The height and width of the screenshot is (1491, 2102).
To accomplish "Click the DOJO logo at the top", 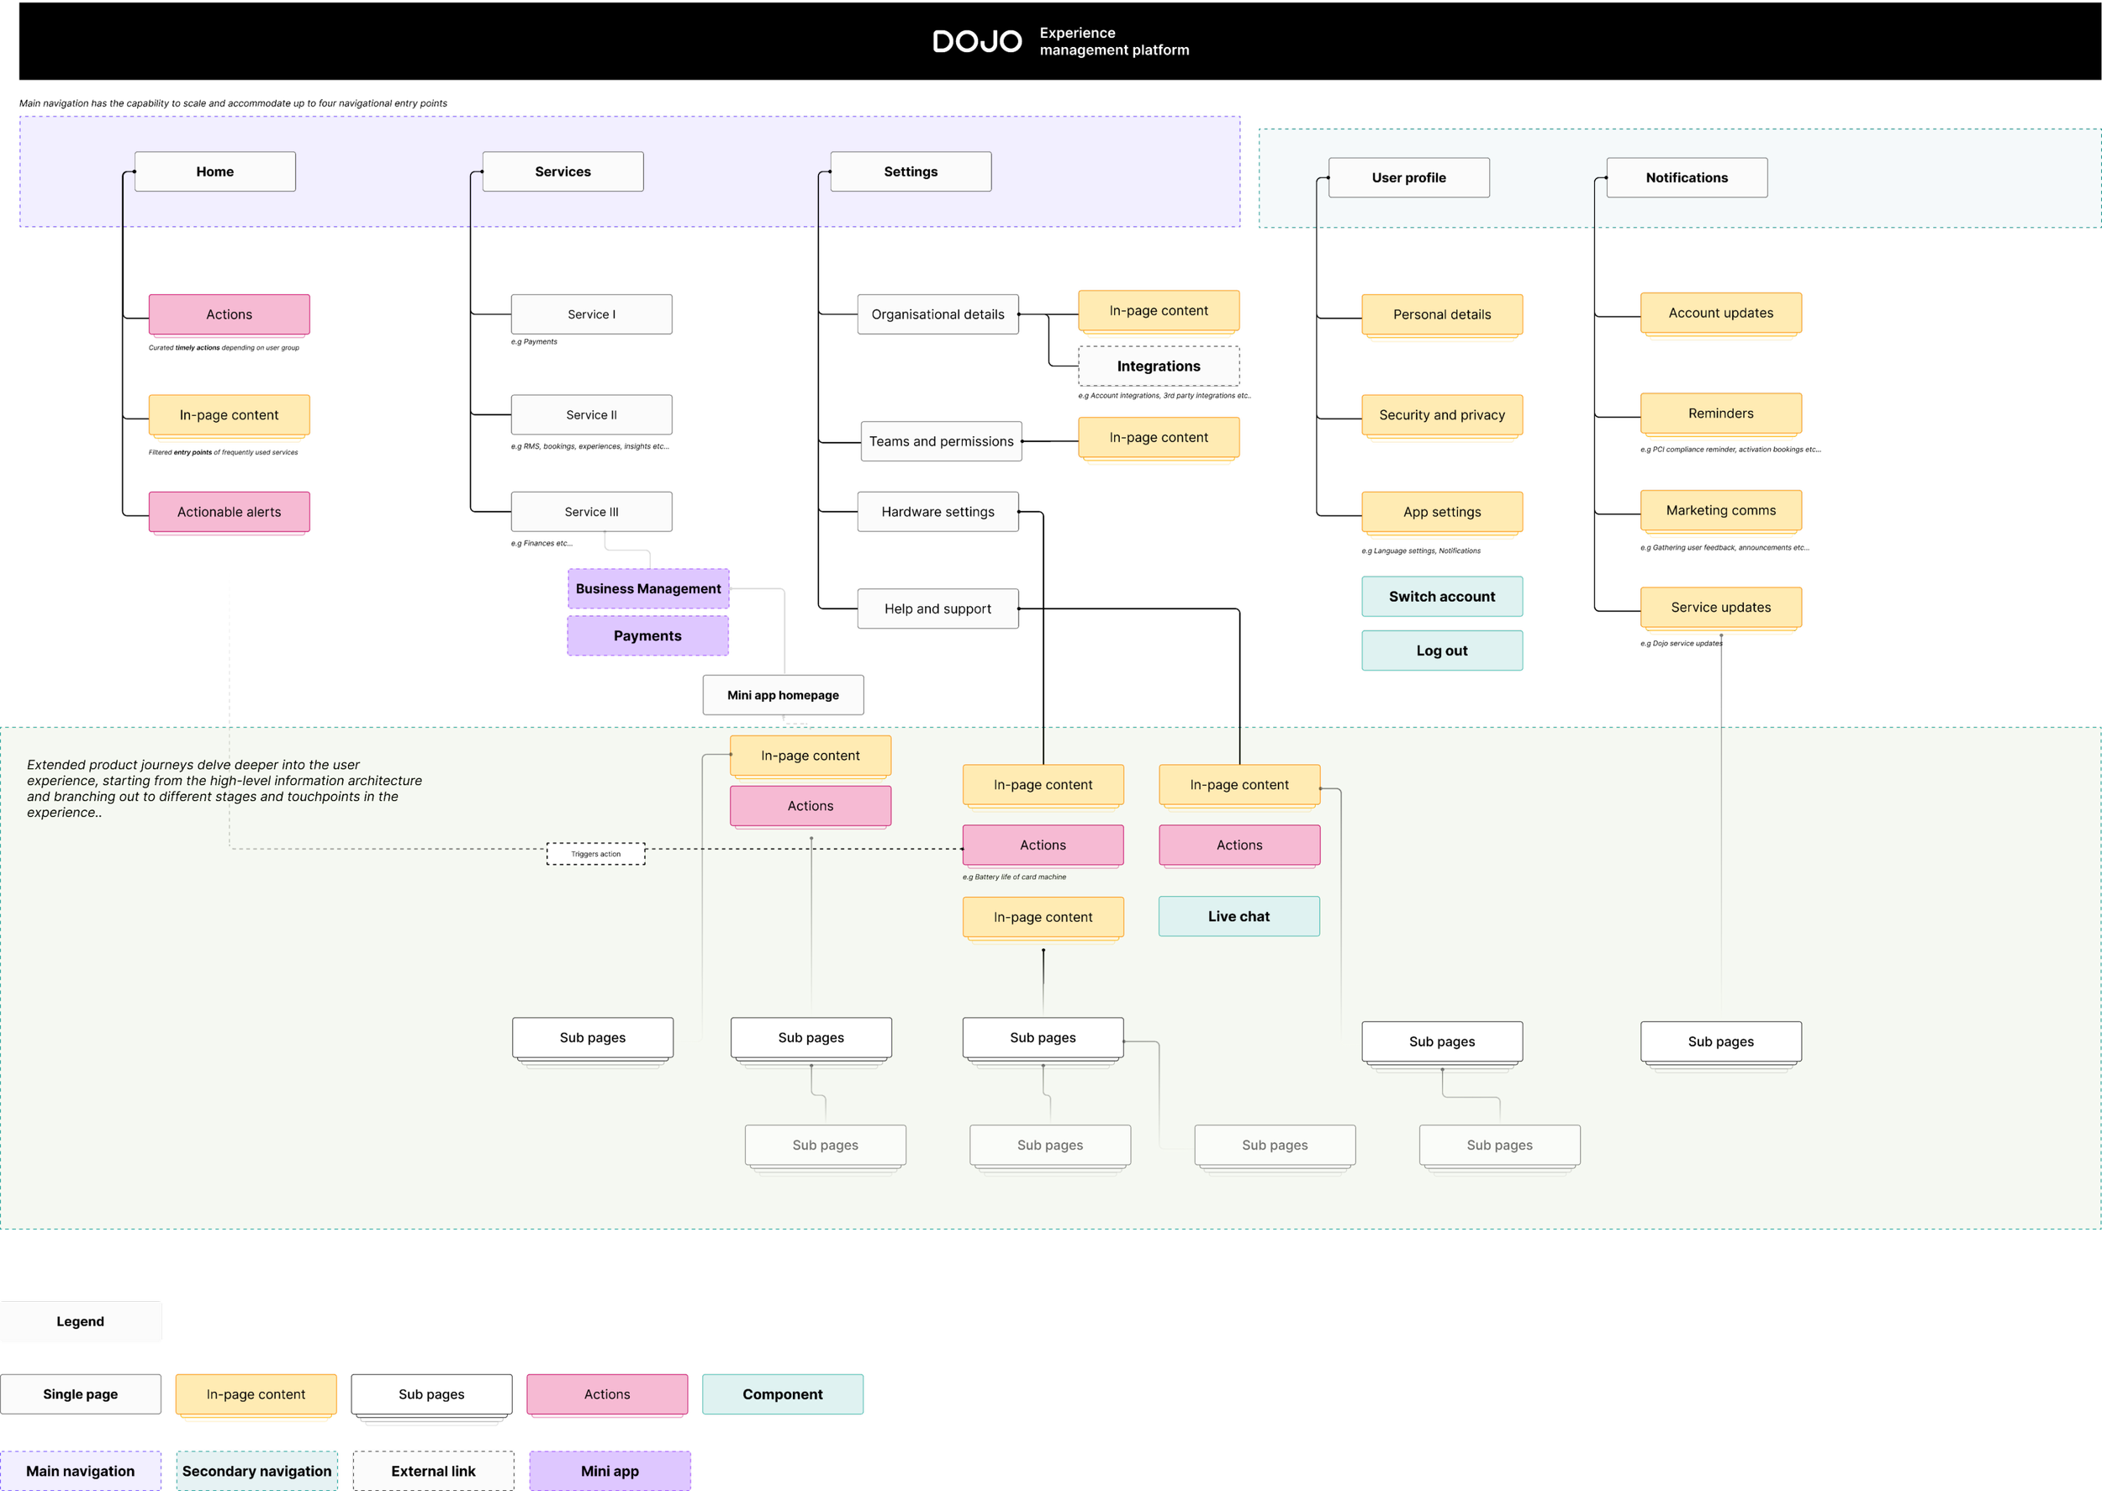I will coord(976,41).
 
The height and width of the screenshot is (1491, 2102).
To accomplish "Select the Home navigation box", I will coord(215,171).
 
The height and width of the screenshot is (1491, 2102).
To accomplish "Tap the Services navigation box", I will coord(563,171).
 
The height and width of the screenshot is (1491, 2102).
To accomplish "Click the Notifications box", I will coord(1686,178).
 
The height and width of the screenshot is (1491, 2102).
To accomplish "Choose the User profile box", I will coord(1408,178).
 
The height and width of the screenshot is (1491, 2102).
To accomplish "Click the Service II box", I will coord(591,415).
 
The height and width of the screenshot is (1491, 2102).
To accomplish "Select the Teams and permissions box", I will coord(941,441).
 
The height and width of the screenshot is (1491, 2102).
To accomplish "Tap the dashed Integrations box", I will coord(1158,366).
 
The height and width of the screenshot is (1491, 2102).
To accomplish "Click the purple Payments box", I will coord(647,636).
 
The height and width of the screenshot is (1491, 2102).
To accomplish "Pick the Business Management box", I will coord(647,588).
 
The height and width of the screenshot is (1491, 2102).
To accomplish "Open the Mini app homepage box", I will coord(783,695).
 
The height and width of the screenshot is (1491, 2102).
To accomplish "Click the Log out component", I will coord(1442,651).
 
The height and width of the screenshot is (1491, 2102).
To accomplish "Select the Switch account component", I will coord(1442,597).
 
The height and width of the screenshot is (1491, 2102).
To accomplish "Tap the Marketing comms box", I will coord(1721,510).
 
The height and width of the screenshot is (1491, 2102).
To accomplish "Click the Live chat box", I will coord(1238,916).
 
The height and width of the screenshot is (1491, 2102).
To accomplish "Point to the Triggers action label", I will coord(596,854).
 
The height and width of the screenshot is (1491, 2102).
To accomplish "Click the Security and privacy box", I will coord(1442,415).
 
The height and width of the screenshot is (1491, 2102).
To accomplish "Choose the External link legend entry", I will coord(434,1471).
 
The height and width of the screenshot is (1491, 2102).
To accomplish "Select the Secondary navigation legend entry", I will coord(257,1471).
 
